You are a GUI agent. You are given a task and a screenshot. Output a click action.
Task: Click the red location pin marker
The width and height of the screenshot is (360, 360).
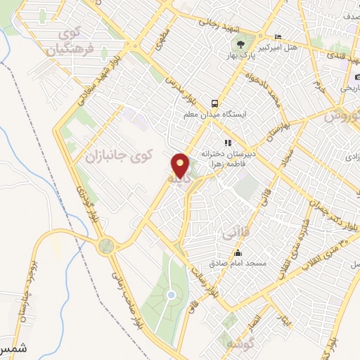click(181, 166)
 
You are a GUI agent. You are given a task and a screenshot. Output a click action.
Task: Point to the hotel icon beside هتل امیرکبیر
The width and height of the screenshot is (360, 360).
click(278, 37)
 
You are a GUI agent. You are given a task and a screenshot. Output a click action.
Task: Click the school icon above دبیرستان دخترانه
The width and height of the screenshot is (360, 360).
click(227, 143)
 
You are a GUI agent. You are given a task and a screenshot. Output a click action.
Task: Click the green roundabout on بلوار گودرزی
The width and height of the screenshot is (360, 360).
click(106, 245)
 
